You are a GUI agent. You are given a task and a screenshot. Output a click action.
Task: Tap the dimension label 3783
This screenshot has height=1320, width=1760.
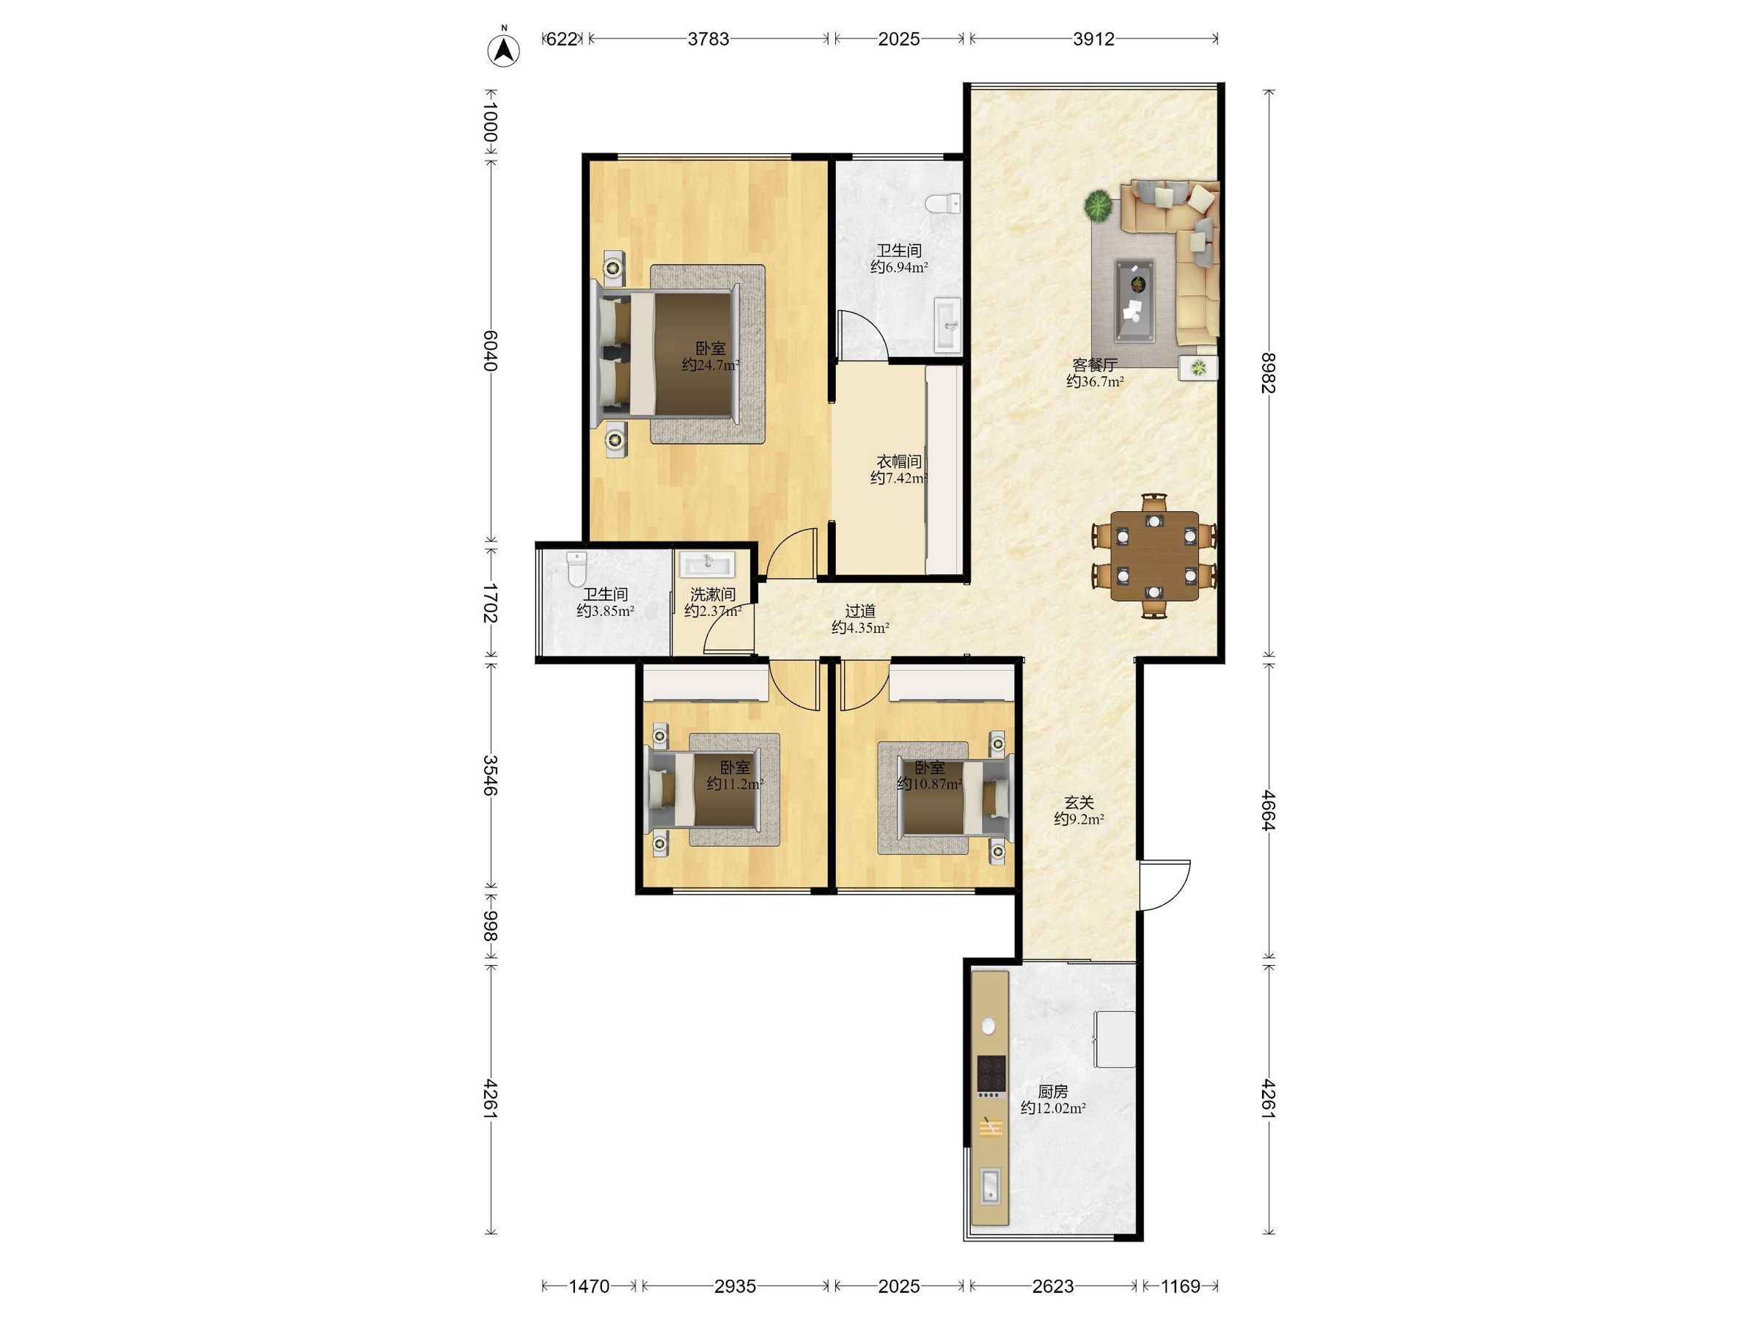coord(708,39)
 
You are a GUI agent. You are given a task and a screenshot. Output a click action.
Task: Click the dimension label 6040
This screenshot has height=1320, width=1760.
coord(489,350)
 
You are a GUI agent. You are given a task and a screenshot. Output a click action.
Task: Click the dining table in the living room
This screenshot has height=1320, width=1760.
coord(1154,556)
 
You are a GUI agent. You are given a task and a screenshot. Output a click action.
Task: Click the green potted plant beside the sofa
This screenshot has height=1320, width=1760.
coord(1098,206)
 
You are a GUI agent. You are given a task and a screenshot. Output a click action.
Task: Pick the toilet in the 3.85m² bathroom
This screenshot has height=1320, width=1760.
coord(577,569)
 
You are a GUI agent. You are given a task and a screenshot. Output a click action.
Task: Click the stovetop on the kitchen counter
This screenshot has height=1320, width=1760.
coord(991,1074)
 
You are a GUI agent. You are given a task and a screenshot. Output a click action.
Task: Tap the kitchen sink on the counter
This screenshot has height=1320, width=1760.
coord(991,1186)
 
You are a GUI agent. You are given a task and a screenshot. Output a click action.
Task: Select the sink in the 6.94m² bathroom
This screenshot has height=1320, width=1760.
coord(947,325)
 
